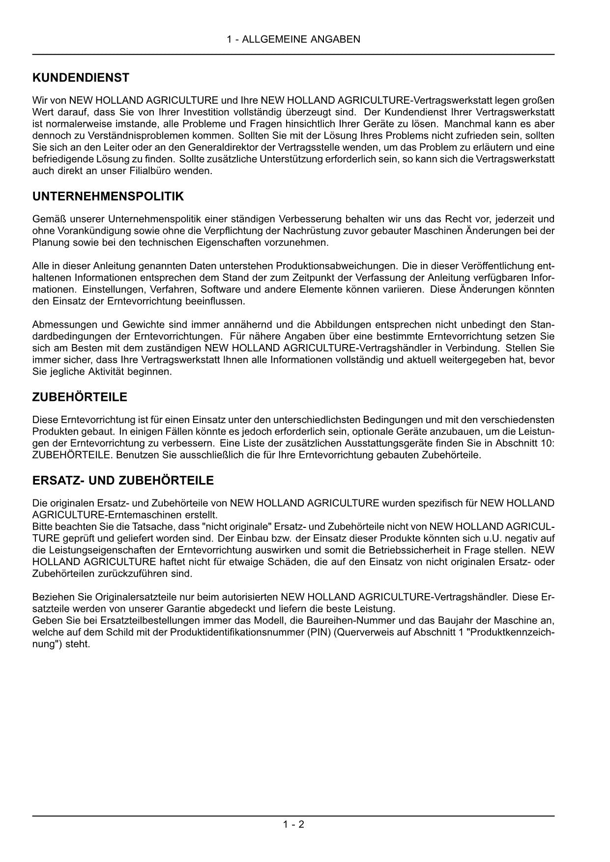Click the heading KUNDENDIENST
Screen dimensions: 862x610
coord(81,78)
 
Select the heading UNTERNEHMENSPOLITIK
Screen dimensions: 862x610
coord(108,197)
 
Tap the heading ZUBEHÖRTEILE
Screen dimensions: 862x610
coord(80,397)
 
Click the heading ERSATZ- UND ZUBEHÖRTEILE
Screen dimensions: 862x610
coord(123,481)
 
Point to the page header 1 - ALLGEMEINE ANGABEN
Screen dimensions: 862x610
coord(293,39)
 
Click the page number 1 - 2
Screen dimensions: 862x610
coord(293,825)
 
